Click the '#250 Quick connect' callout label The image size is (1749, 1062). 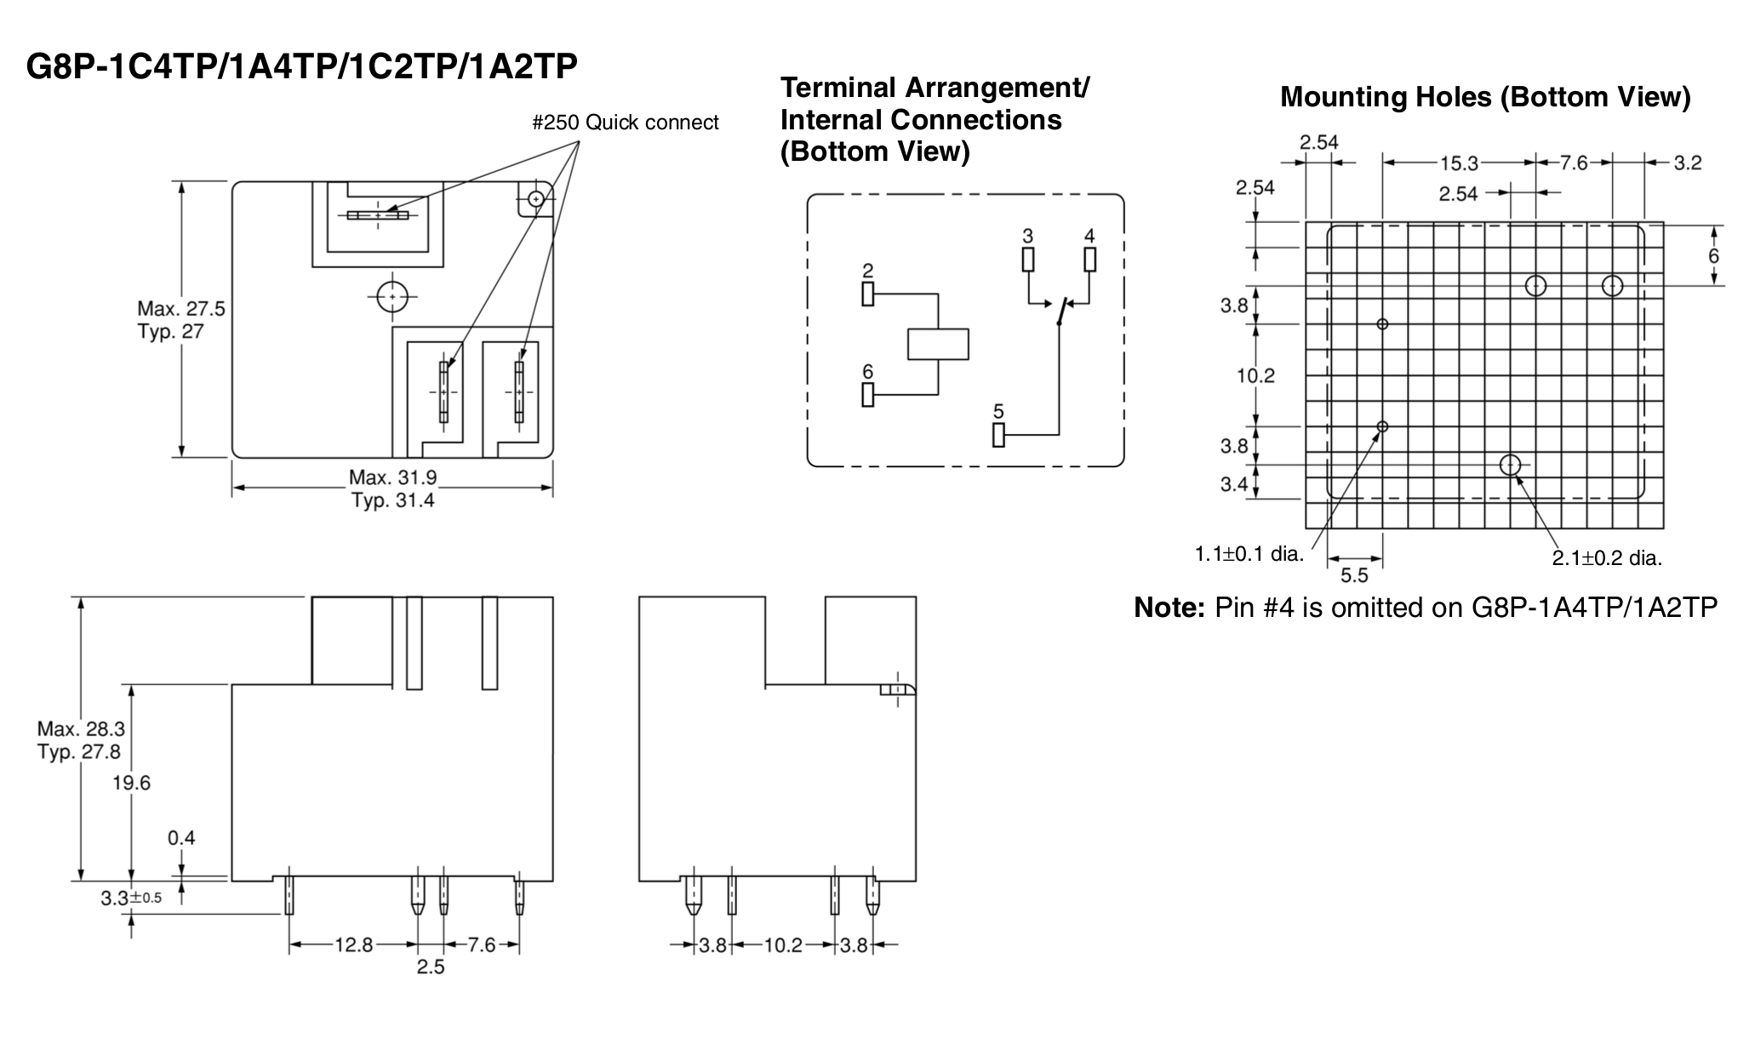(625, 123)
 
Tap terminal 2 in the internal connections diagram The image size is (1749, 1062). (867, 294)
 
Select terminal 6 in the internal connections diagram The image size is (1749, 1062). (867, 395)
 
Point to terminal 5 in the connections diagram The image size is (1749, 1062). (998, 435)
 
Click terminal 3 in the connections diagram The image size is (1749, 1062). (1028, 259)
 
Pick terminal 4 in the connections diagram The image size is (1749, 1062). (1089, 259)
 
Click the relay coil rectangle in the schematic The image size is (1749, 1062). (938, 344)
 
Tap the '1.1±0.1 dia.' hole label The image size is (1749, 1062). (1249, 554)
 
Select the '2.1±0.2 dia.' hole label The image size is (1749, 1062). (1607, 558)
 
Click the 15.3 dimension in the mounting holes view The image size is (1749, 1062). (1460, 163)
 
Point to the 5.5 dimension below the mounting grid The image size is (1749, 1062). (1354, 575)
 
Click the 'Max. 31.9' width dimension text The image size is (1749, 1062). (392, 477)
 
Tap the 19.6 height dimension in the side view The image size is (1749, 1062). (131, 783)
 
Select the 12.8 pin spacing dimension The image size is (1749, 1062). (353, 945)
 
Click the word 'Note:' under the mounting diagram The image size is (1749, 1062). (1170, 608)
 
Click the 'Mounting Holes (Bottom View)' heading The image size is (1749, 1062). (1485, 97)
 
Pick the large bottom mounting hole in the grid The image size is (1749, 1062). (1510, 465)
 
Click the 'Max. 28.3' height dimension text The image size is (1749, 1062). (81, 729)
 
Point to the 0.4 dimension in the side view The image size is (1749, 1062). (181, 838)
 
